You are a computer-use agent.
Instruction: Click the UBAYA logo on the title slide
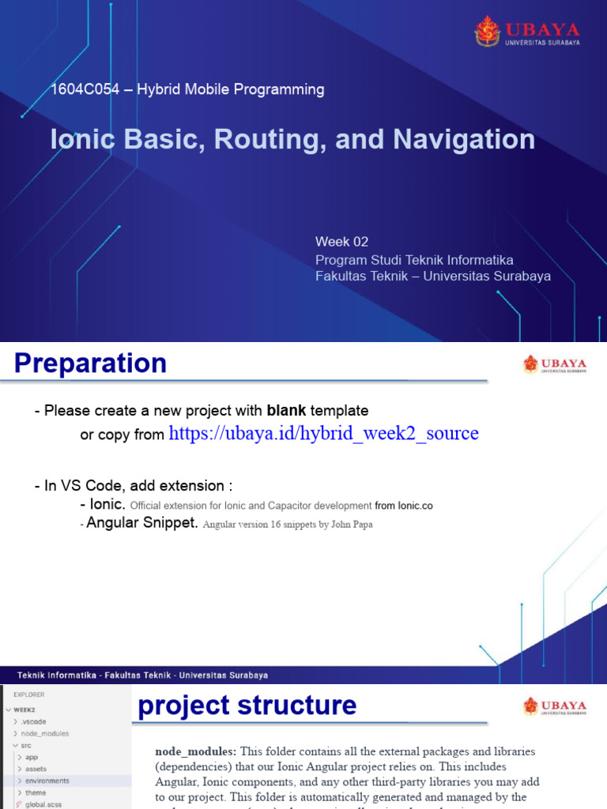pyautogui.click(x=526, y=32)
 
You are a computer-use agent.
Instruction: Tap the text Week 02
pyautogui.click(x=341, y=242)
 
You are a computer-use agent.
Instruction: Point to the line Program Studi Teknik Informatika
pyautogui.click(x=414, y=259)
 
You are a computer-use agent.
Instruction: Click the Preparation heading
pyautogui.click(x=91, y=363)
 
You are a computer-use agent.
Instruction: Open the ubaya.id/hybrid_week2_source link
pyautogui.click(x=324, y=434)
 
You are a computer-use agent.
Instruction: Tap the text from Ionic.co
pyautogui.click(x=404, y=506)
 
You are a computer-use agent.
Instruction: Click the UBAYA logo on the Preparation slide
pyautogui.click(x=554, y=364)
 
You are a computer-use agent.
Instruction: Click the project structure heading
pyautogui.click(x=247, y=705)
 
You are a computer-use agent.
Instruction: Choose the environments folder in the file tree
pyautogui.click(x=47, y=781)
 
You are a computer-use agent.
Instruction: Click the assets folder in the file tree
pyautogui.click(x=36, y=769)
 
